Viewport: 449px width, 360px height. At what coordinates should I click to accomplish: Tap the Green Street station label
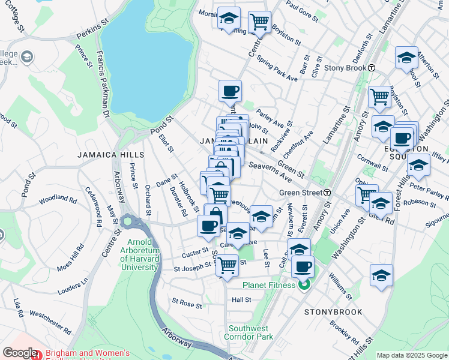click(301, 193)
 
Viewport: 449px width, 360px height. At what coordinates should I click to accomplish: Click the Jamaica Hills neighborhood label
click(104, 155)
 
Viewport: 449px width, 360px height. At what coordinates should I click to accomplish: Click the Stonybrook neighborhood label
click(333, 312)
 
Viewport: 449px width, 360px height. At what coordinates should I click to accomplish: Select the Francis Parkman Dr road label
click(98, 79)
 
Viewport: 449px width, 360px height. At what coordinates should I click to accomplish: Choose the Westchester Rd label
click(51, 322)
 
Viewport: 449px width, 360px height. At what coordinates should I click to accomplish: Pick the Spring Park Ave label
click(277, 70)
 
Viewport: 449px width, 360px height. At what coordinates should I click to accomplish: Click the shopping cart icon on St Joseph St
click(228, 264)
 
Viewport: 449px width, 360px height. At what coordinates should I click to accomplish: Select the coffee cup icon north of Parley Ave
click(230, 92)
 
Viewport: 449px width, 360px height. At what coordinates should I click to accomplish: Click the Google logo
click(20, 353)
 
